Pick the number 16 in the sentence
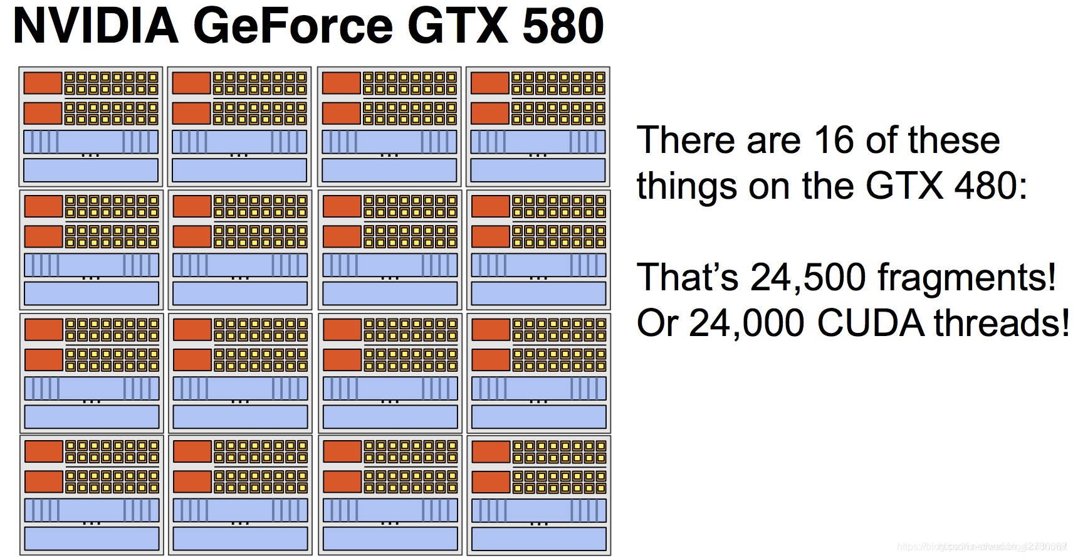(x=833, y=140)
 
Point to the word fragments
(x=966, y=278)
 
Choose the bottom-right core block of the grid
(x=538, y=495)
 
